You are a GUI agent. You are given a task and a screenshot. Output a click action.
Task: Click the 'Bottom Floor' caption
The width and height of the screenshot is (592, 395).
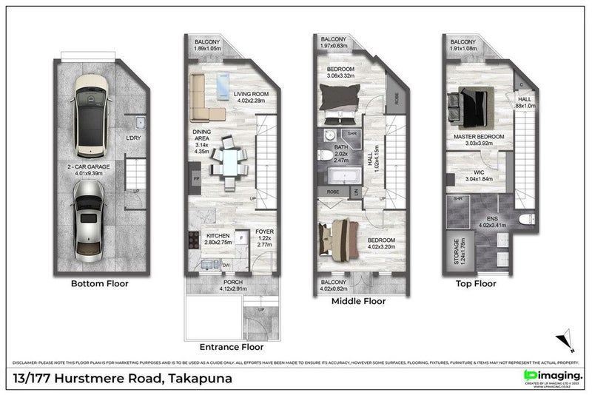(x=99, y=283)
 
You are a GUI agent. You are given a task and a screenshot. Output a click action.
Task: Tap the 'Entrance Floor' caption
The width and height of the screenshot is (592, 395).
(x=231, y=346)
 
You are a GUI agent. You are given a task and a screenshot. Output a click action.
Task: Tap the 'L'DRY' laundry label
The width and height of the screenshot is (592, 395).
(x=134, y=138)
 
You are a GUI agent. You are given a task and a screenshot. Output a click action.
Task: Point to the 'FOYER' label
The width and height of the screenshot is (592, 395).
(x=264, y=232)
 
